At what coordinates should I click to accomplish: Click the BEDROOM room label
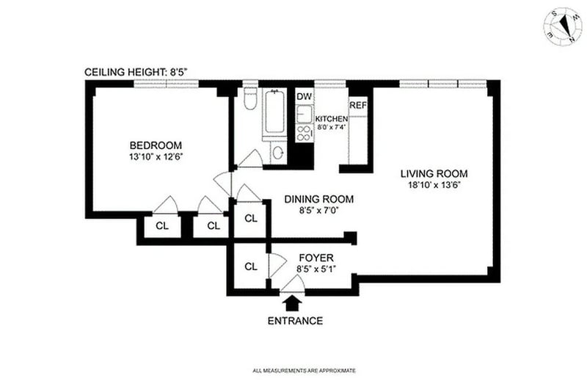click(152, 145)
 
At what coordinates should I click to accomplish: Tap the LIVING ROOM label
click(434, 174)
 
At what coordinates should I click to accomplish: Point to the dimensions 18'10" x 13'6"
click(434, 186)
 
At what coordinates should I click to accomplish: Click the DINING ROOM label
click(319, 199)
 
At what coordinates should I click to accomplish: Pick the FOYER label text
click(316, 258)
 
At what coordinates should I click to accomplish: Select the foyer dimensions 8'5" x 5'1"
click(316, 269)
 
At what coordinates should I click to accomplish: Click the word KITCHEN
click(330, 118)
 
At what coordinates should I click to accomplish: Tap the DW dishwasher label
click(303, 97)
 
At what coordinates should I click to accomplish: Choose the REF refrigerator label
click(357, 106)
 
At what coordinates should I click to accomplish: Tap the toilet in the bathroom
click(249, 101)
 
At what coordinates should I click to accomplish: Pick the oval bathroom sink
click(277, 153)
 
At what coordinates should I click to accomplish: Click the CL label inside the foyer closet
click(250, 266)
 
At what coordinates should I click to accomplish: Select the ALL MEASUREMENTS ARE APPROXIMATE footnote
click(304, 371)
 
